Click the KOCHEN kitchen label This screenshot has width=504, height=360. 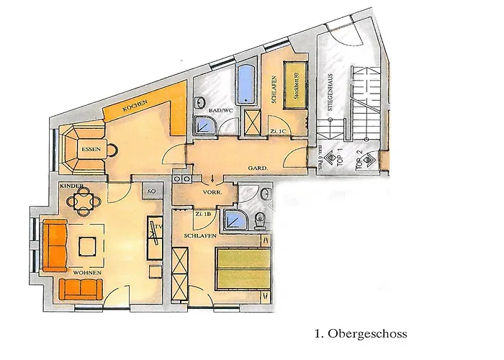135,105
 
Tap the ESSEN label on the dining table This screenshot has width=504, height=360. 90,150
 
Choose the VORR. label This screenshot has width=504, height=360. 211,193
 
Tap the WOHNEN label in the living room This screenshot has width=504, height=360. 86,274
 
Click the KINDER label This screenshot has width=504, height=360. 72,186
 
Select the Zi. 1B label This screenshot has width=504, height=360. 203,215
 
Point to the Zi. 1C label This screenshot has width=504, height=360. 279,130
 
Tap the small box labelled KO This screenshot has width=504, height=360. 152,192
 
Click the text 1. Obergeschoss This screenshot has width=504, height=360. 361,334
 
